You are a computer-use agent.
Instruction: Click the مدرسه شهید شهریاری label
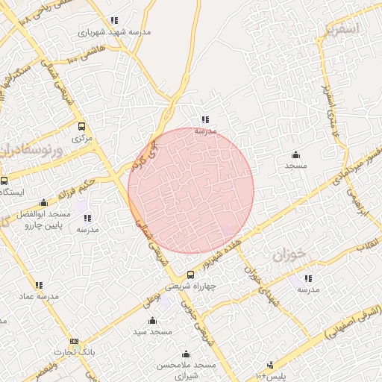[115, 33]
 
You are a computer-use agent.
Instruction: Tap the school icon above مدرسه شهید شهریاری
[114, 21]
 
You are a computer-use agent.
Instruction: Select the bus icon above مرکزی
[81, 126]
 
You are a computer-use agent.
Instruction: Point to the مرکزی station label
[81, 138]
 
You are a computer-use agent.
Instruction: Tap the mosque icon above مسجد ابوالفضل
[43, 202]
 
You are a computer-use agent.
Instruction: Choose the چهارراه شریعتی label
[190, 286]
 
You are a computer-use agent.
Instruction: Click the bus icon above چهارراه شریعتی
[191, 274]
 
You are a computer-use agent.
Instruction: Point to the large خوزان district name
[289, 256]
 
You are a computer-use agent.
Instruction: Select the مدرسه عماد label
[39, 296]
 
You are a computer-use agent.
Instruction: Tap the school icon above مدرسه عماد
[39, 284]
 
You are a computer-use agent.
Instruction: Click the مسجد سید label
[152, 331]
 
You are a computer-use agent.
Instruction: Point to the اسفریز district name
[342, 29]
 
